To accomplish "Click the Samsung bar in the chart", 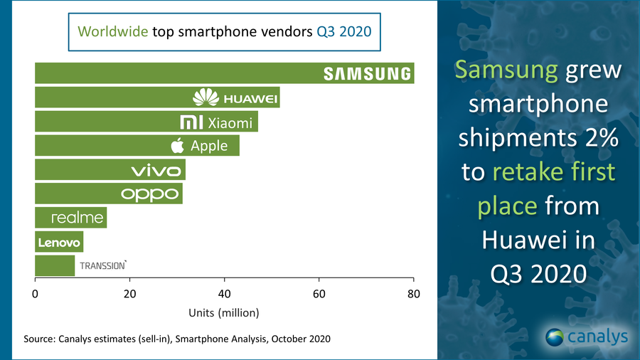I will coord(213,73).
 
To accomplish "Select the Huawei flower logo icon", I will coord(206,97).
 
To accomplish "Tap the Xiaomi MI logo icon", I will coord(193,122).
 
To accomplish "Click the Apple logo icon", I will coord(178,146).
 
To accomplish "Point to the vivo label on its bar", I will coord(157,170).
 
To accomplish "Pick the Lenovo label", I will coord(59,243).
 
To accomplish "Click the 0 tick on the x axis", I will coord(35,294).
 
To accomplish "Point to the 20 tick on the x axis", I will coord(129,294).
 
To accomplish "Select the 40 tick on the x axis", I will coord(225,294).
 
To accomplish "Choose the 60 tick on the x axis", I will coord(319,294).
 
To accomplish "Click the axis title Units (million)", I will coord(224,312).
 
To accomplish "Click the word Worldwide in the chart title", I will coord(112,31).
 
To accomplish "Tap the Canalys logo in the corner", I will coord(587,336).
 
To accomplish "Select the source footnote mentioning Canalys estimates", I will coord(177,339).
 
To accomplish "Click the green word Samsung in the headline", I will coord(506,70).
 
